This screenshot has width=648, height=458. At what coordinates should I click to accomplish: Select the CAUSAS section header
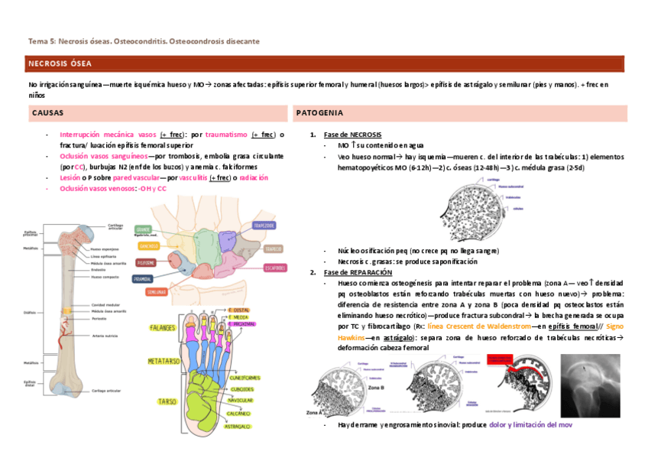click(x=47, y=113)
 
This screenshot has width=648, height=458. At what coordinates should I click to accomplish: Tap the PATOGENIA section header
click(x=319, y=113)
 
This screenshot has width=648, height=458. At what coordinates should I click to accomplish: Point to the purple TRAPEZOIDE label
click(x=264, y=225)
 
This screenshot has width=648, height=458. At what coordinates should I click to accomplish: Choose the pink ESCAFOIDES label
click(x=275, y=268)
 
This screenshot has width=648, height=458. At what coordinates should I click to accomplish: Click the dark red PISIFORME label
click(x=146, y=262)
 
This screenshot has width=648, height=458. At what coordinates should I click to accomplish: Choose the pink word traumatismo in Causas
click(x=226, y=135)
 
